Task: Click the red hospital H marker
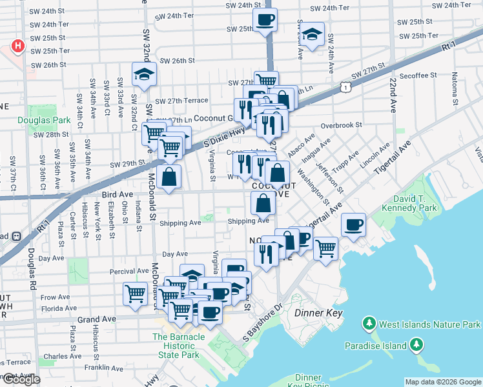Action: (x=18, y=46)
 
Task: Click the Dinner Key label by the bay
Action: (x=317, y=313)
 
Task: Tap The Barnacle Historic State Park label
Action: (x=179, y=346)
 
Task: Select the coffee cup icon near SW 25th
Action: (x=264, y=19)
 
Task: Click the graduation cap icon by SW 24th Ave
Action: (x=313, y=34)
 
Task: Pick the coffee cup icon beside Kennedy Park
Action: (x=353, y=224)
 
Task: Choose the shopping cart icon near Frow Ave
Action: (x=135, y=293)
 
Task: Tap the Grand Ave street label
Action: (x=96, y=319)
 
